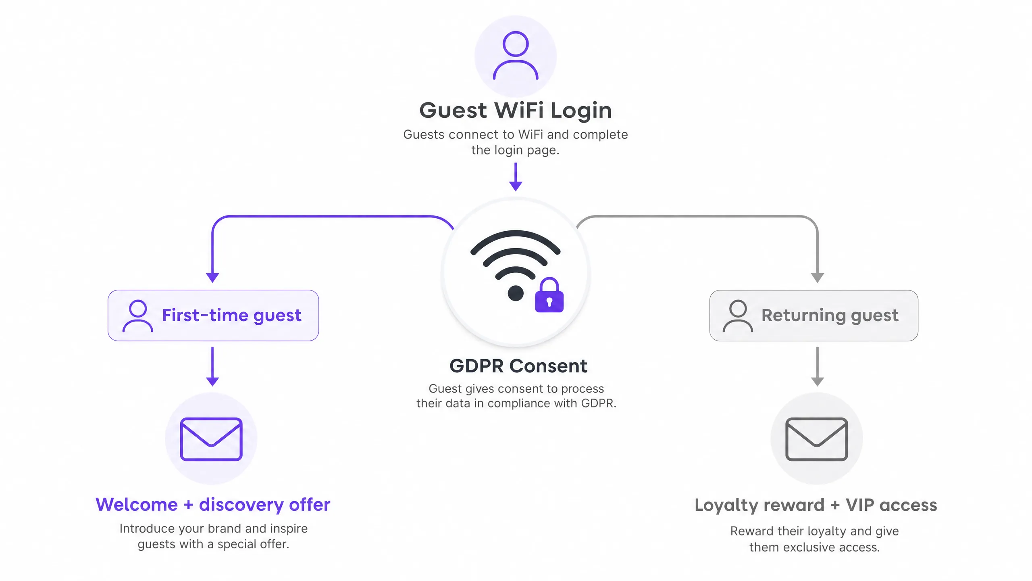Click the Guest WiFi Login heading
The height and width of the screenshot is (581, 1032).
[516, 110]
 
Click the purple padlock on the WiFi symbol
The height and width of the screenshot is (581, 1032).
[549, 295]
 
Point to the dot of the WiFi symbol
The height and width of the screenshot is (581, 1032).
[516, 293]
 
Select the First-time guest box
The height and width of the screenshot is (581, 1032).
[213, 316]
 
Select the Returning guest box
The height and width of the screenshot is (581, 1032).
[814, 316]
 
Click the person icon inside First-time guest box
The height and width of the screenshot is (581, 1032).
[138, 316]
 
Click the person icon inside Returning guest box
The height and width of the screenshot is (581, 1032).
[738, 316]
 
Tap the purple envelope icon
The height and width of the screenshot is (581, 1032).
[211, 439]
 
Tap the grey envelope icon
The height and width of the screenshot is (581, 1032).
[817, 439]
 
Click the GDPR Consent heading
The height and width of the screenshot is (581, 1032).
[518, 366]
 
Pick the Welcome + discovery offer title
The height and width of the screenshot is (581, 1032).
[213, 505]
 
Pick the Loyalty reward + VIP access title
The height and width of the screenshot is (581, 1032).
[816, 505]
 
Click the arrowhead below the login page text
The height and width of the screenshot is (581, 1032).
[516, 186]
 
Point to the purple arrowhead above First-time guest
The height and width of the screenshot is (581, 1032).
[212, 278]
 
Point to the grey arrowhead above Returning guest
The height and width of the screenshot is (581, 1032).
[817, 278]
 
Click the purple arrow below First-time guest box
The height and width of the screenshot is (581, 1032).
[212, 366]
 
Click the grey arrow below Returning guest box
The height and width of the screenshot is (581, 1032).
[817, 366]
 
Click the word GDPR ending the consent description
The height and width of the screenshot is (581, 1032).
[599, 403]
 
